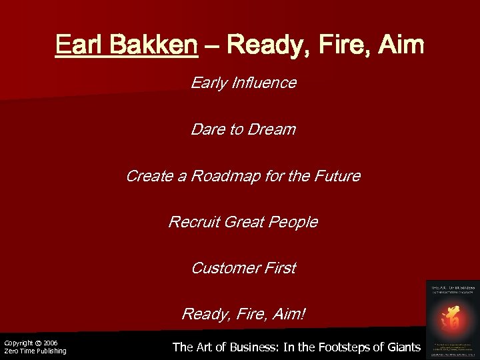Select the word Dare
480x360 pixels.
[206, 129]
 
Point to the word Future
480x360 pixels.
[336, 176]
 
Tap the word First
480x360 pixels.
[279, 268]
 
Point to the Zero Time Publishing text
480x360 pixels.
[35, 351]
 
